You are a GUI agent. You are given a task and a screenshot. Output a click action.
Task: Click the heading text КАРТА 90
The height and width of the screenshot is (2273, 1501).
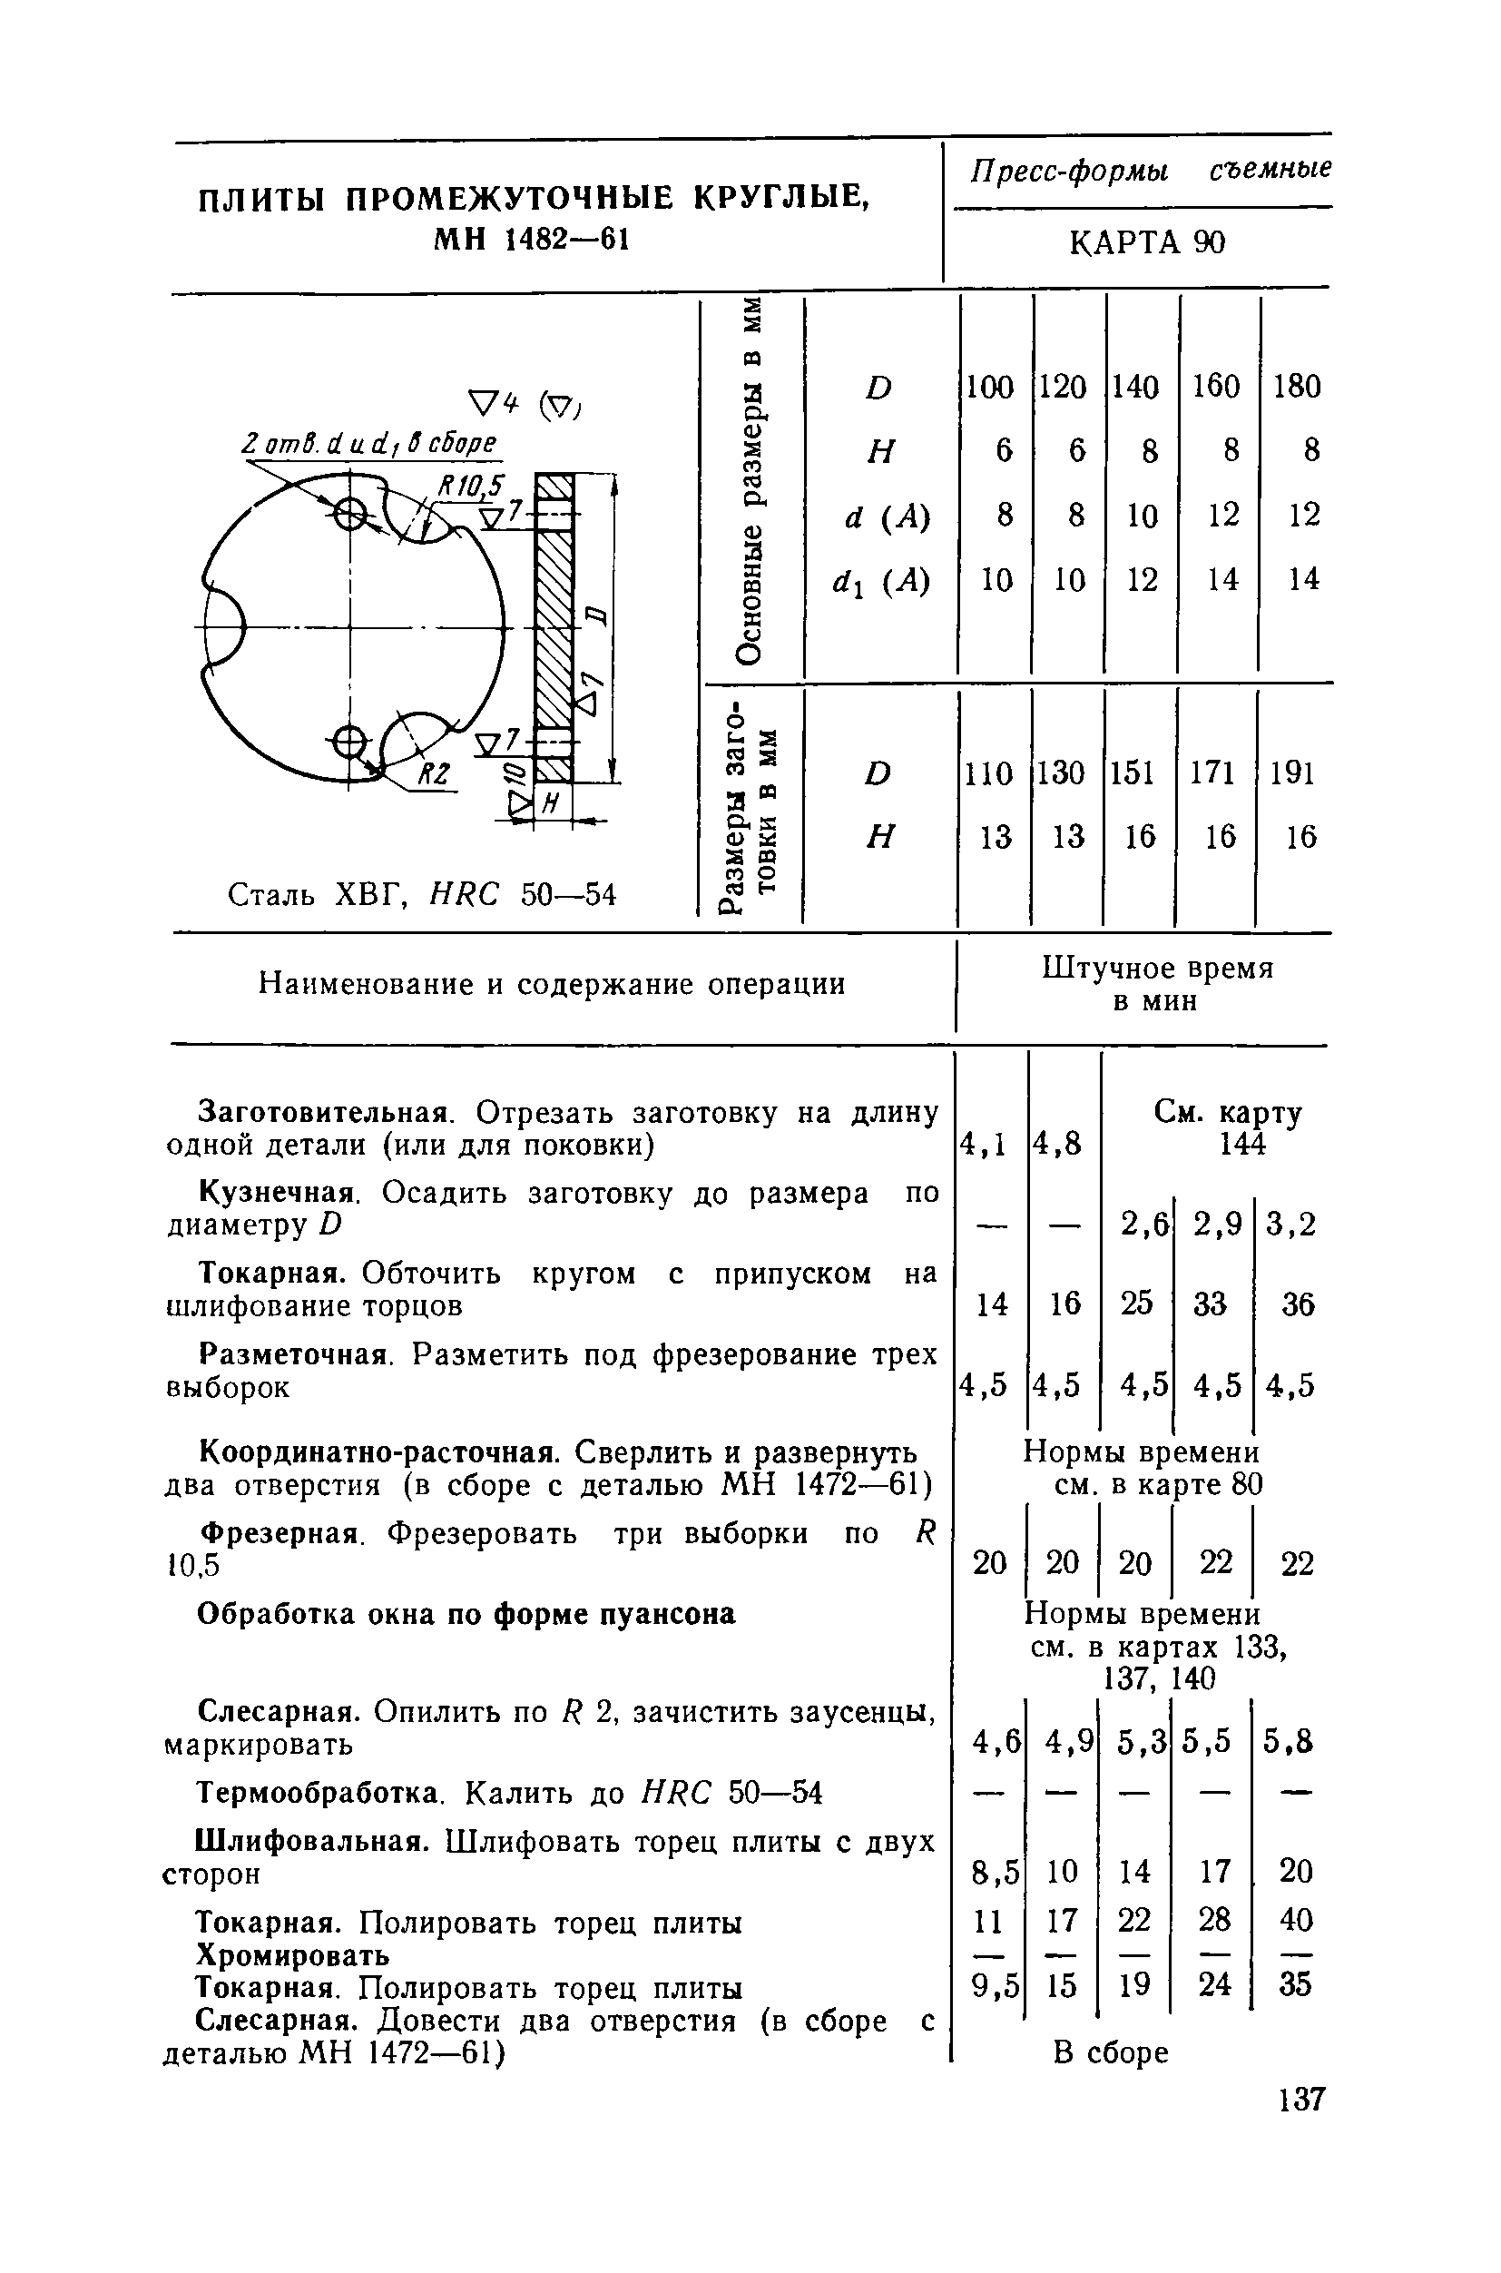[x=1146, y=243]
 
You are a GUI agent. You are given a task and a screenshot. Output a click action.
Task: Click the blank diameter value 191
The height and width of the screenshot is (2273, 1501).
[x=1292, y=772]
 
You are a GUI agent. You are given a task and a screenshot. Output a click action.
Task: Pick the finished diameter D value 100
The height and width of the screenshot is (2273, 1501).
[x=989, y=387]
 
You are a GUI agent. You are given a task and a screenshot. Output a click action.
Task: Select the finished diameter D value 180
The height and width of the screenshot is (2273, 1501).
[x=1297, y=387]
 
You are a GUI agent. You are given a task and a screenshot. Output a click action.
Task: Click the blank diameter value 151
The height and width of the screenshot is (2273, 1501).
[x=1133, y=772]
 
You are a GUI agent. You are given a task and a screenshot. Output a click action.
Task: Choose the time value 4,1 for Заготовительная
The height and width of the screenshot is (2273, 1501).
[x=982, y=1144]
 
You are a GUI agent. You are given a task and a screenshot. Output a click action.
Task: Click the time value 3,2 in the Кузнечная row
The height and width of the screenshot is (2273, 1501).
[x=1291, y=1225]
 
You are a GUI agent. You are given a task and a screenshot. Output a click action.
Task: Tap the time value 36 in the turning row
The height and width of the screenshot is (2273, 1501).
[x=1297, y=1304]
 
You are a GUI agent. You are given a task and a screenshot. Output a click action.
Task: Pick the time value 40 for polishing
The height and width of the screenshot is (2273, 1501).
[x=1296, y=1920]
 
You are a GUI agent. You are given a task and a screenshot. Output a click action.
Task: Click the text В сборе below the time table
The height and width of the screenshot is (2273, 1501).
[x=1111, y=2052]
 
